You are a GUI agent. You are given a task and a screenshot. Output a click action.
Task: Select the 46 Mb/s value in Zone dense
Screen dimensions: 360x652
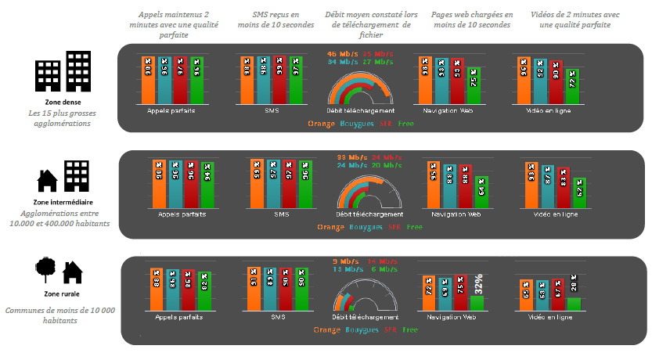click(x=339, y=53)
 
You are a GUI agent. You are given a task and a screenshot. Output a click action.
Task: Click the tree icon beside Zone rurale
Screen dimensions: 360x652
click(x=46, y=272)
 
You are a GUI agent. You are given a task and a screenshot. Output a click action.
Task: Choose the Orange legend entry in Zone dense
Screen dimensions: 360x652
click(x=321, y=123)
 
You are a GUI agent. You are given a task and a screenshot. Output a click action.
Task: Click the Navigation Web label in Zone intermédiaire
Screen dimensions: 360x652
click(x=449, y=214)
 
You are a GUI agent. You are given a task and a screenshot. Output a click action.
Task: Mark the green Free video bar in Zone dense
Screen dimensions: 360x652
click(x=573, y=86)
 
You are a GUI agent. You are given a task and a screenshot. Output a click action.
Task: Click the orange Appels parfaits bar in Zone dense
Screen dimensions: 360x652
click(x=148, y=79)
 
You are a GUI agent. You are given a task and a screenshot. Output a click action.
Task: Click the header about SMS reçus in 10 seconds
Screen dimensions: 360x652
click(x=271, y=20)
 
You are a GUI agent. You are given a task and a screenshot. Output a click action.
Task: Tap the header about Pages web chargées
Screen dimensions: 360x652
click(x=472, y=20)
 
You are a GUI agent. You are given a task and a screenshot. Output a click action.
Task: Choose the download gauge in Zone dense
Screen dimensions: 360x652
click(x=359, y=89)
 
